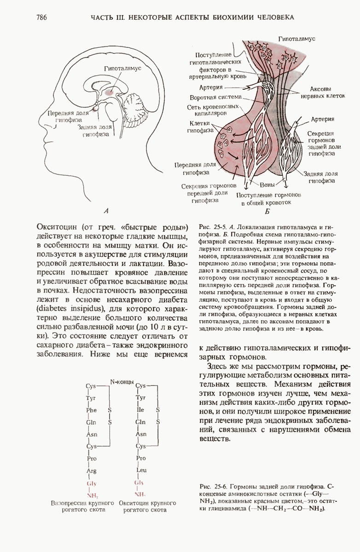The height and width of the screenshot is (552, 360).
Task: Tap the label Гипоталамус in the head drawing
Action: (122, 68)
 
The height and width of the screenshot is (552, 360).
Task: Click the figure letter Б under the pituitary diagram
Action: (267, 212)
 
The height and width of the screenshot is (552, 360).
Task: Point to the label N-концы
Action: (122, 381)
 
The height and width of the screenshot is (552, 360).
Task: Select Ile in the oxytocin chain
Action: (140, 410)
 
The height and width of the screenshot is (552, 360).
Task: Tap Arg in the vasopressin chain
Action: (91, 471)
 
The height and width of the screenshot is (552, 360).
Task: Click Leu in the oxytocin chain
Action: (140, 471)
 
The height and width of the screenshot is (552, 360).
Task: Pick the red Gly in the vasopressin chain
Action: (91, 483)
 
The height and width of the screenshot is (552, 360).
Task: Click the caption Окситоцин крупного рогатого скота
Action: (147, 506)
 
